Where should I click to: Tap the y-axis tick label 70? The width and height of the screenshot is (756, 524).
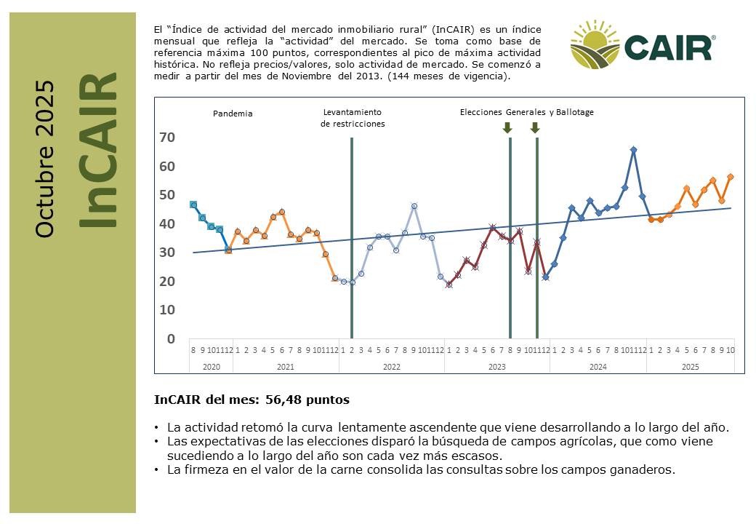(166, 138)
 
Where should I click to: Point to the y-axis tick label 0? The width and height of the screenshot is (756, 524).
(170, 338)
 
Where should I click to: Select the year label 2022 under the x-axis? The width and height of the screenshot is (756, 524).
(391, 367)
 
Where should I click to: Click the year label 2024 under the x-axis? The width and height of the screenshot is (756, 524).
(598, 367)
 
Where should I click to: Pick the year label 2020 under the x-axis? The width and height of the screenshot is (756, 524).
(211, 367)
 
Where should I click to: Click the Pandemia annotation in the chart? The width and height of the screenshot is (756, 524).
(233, 114)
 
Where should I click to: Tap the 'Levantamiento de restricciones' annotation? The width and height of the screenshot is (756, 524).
(353, 118)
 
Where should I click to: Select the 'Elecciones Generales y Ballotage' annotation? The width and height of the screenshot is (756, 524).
(527, 112)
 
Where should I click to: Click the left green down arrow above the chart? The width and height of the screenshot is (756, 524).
(507, 128)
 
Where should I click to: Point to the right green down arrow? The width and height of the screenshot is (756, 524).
(535, 128)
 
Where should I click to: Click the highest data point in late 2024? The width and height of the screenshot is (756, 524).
(633, 150)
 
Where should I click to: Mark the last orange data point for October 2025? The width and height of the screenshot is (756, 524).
(730, 177)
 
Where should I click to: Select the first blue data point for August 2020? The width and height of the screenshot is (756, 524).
(193, 205)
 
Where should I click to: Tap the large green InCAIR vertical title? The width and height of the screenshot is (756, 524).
(97, 150)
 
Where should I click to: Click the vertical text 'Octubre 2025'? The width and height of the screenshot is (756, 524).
(45, 159)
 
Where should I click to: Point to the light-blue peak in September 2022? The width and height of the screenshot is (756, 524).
(414, 206)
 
